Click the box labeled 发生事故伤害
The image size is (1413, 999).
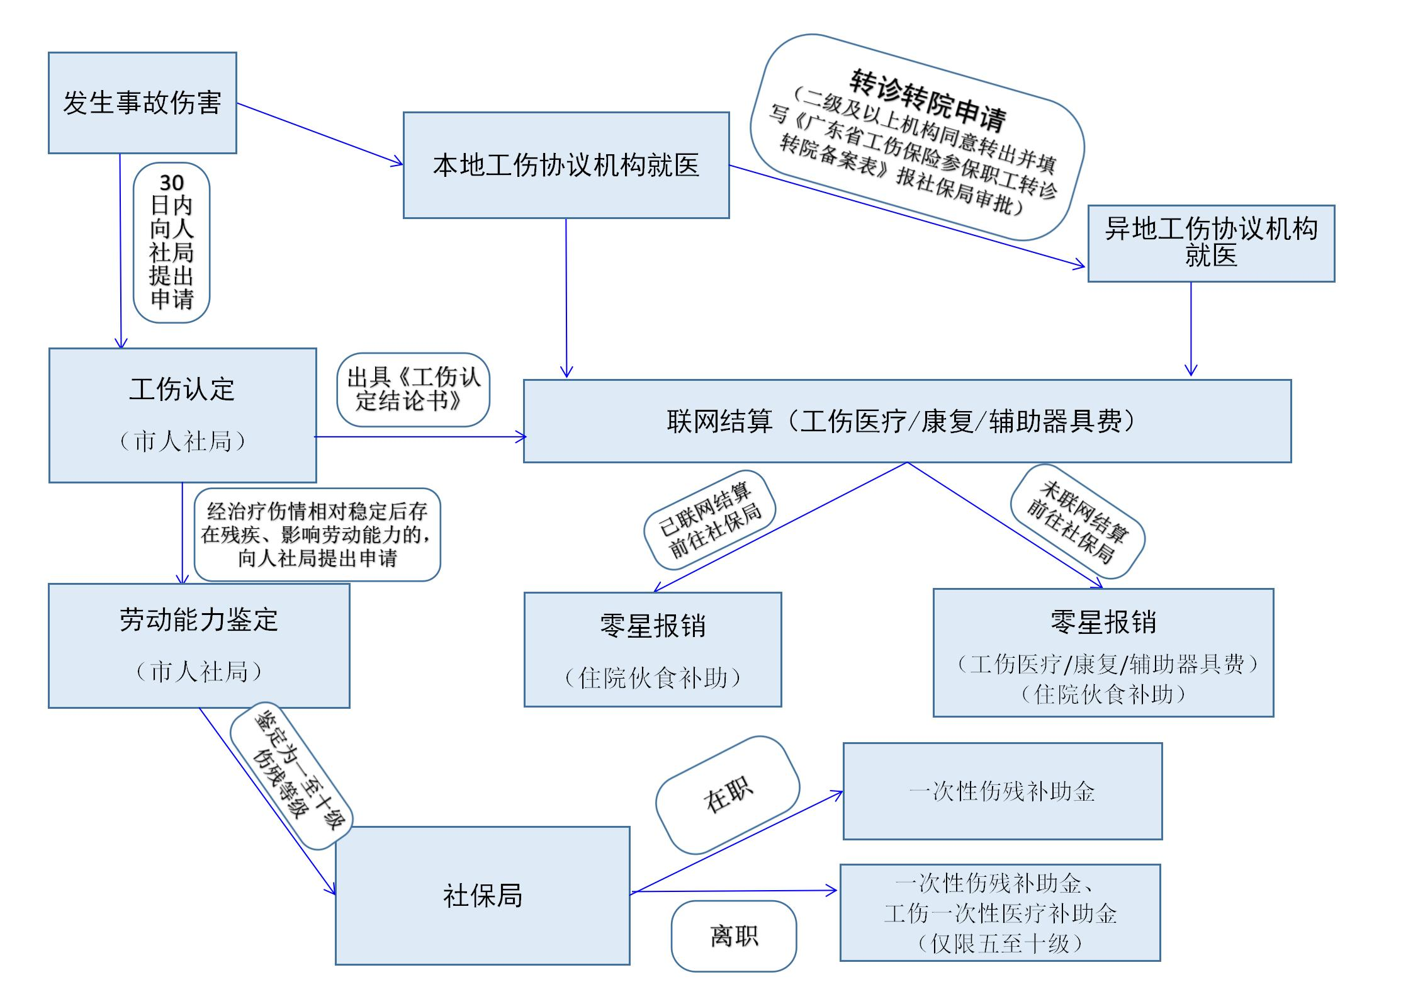[142, 103]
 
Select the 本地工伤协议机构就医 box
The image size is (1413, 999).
[566, 166]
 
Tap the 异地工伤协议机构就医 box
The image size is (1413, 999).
[1211, 243]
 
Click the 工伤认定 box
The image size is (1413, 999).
[182, 415]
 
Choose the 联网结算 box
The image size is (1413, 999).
[907, 421]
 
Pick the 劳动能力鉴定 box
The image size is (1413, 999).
[199, 645]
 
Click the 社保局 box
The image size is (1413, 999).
[482, 895]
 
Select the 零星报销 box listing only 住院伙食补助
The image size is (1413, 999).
[653, 649]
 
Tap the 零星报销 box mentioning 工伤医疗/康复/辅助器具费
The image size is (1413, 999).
[1103, 652]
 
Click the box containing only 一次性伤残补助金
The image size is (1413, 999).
[1002, 791]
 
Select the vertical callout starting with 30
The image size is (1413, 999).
[171, 242]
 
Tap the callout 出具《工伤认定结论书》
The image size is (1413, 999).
[413, 390]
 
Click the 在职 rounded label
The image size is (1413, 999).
[728, 795]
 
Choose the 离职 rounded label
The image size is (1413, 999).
[734, 936]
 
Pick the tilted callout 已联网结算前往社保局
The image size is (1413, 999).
[709, 520]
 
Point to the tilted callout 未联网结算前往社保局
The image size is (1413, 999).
[1077, 521]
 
